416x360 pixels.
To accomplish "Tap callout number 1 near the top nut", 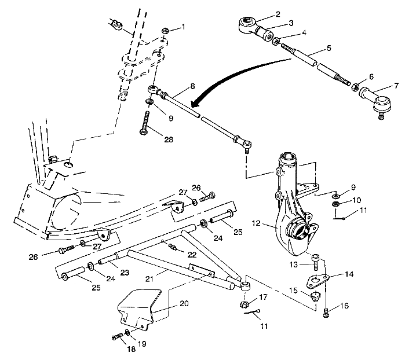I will [184, 27].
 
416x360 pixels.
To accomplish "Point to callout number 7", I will [396, 86].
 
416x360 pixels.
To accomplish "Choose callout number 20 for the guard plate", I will [184, 303].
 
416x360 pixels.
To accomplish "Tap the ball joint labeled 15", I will [316, 297].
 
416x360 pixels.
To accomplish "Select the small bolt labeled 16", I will [326, 313].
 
